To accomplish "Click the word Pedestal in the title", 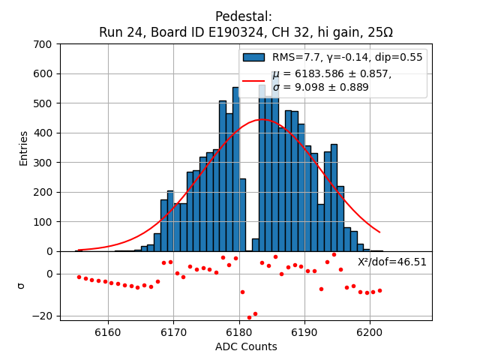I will [244, 16].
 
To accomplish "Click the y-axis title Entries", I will [24, 148].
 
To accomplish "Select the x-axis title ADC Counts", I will [246, 346].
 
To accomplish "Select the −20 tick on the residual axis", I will [44, 316].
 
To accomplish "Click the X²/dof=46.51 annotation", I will [391, 262].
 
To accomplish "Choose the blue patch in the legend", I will [253, 57].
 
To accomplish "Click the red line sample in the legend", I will [253, 80].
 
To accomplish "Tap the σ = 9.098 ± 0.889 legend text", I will [320, 87].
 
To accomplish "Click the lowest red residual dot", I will [249, 317].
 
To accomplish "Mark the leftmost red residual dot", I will [79, 277].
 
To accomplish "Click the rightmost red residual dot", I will [379, 290].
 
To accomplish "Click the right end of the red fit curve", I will [379, 232].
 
